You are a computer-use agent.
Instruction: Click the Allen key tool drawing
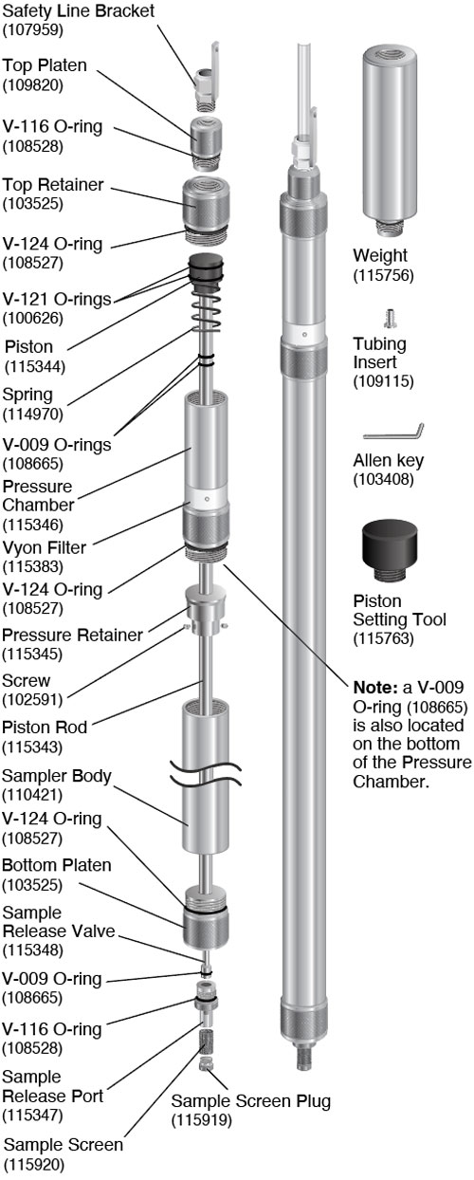(x=392, y=432)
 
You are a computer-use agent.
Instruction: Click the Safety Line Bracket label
(x=77, y=10)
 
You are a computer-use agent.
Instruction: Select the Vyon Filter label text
(x=45, y=548)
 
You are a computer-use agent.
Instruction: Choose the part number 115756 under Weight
(x=380, y=275)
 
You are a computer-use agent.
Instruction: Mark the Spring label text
(x=28, y=394)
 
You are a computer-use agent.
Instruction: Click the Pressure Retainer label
(x=72, y=635)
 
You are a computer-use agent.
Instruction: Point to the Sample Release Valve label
(x=59, y=921)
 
